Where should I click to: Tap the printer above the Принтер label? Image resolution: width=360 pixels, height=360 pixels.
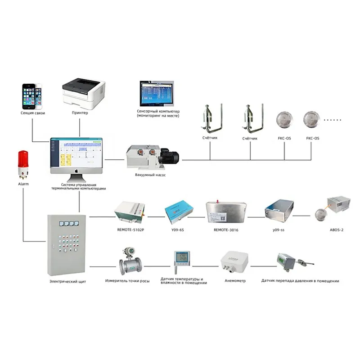pyautogui.click(x=84, y=93)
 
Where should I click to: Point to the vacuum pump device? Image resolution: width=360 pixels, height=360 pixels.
pyautogui.click(x=153, y=157)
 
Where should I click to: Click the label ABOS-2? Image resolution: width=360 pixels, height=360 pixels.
pyautogui.click(x=337, y=229)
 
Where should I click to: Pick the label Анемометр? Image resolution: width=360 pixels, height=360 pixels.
pyautogui.click(x=234, y=281)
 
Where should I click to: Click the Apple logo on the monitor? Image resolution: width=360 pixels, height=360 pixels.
pyautogui.click(x=76, y=171)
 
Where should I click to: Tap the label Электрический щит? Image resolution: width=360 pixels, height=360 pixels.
pyautogui.click(x=68, y=282)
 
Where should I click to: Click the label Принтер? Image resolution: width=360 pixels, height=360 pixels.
pyautogui.click(x=80, y=112)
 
